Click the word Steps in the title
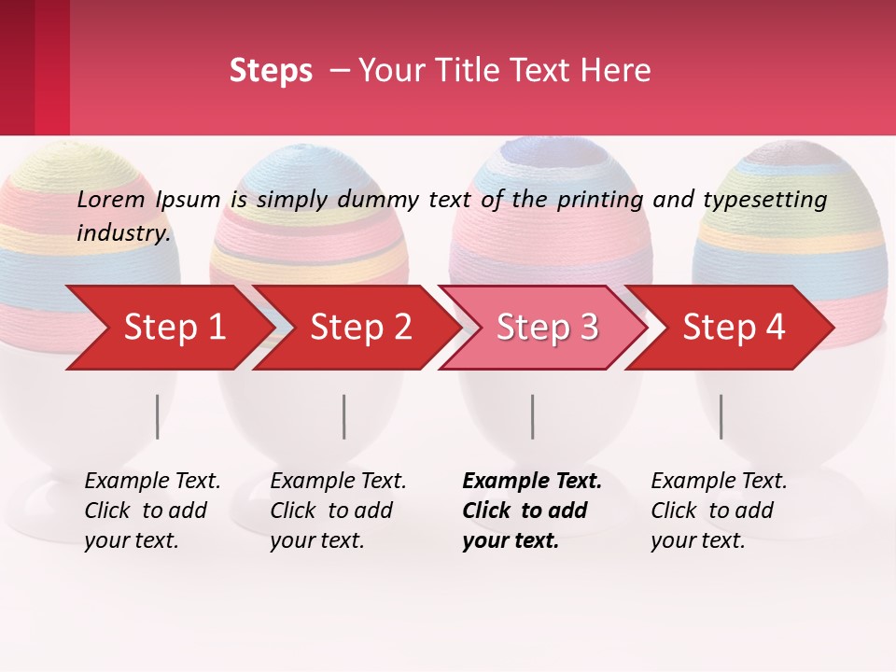click(271, 71)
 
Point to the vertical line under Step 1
click(158, 416)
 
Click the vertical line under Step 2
click(344, 416)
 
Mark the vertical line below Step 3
click(533, 416)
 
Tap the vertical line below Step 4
click(721, 416)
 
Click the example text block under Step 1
click(152, 510)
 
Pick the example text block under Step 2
click(338, 510)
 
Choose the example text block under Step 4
click(719, 510)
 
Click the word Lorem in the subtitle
click(111, 200)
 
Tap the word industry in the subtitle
click(122, 232)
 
